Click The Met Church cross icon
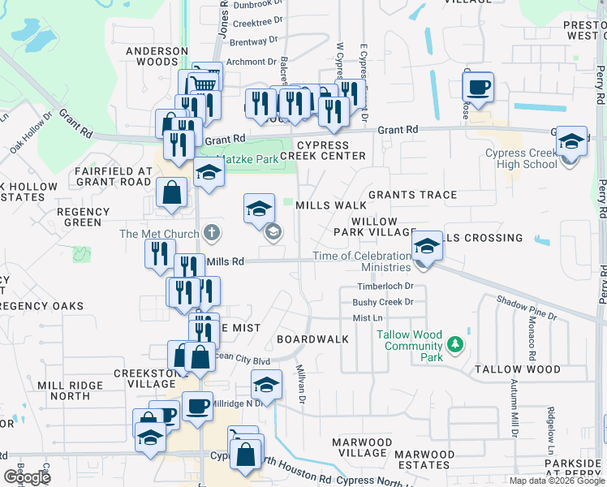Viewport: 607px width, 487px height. [x=211, y=234]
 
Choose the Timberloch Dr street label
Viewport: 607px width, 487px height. [x=385, y=287]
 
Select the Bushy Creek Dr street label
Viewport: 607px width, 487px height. [x=383, y=302]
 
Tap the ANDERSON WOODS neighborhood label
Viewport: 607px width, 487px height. [x=151, y=56]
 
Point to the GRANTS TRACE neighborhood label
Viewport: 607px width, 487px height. [x=412, y=195]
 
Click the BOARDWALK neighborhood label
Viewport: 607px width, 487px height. [x=312, y=338]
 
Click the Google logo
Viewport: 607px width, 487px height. [x=27, y=477]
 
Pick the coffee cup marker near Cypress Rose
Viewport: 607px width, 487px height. [x=479, y=86]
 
